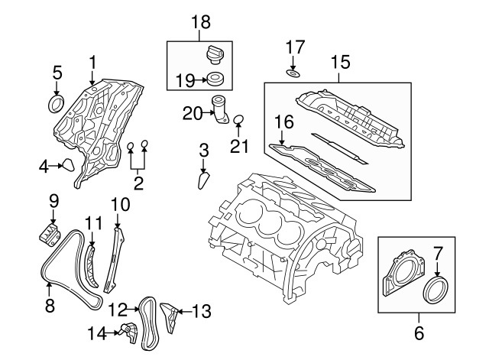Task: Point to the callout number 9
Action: coord(53,202)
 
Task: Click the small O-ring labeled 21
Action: coord(238,118)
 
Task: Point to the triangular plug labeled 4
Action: coord(69,164)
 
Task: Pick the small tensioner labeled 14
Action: coord(128,331)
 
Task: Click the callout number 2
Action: coord(138,182)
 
